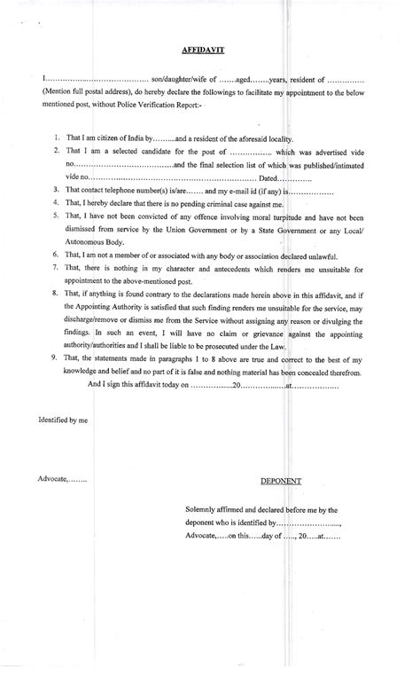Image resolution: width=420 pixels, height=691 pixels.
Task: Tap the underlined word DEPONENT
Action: [281, 481]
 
